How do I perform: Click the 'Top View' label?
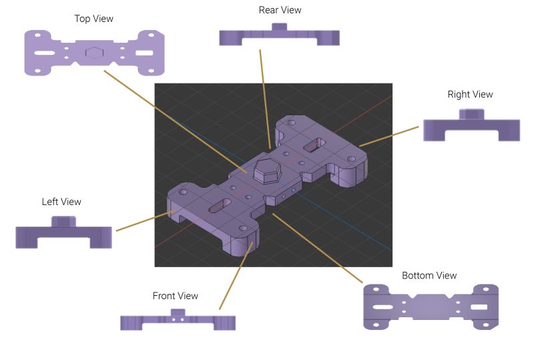93,19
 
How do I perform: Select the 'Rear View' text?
280,10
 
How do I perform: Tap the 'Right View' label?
470,94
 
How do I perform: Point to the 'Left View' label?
61,201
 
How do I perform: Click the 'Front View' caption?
175,296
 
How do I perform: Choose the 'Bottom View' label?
429,275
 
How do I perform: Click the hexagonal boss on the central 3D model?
266,171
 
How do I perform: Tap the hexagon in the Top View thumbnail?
95,53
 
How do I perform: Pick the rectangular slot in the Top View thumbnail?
144,52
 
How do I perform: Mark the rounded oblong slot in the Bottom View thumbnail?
382,307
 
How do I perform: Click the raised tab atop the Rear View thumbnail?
279,27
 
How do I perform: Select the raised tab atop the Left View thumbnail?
64,221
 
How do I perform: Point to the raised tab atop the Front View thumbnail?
177,312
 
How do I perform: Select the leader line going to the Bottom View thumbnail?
317,247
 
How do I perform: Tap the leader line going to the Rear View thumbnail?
264,100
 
